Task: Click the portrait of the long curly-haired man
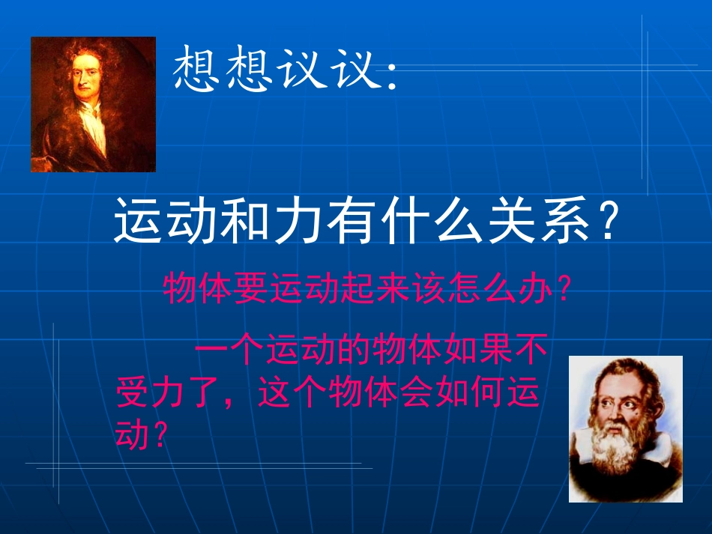point(93,104)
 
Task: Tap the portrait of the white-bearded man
point(625,428)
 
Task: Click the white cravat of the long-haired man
point(93,127)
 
